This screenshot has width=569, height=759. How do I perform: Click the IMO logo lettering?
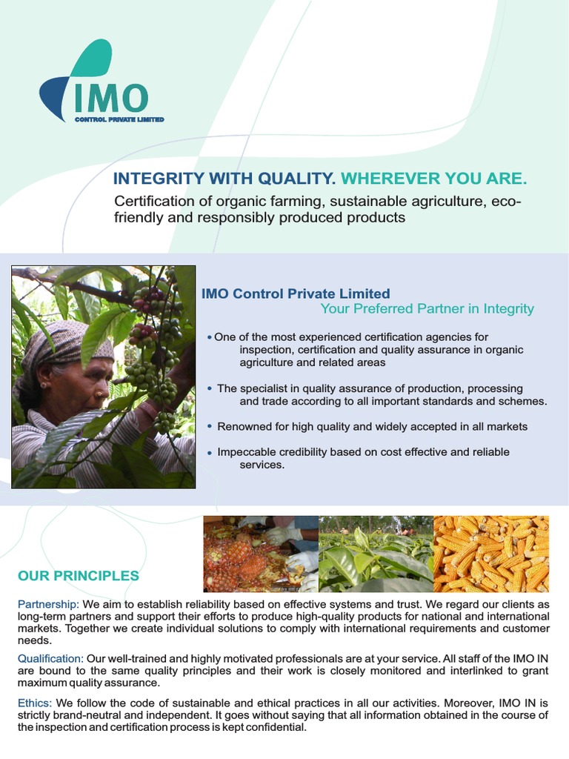111,98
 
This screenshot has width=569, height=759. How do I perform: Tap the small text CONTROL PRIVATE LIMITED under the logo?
119,119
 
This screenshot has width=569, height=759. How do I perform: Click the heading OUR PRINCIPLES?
78,576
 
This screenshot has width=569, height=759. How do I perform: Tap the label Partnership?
48,605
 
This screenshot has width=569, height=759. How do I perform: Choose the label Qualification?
51,658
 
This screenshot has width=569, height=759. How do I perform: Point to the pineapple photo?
260,554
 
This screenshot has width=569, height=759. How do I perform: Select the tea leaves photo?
375,554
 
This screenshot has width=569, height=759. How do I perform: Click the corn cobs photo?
490,554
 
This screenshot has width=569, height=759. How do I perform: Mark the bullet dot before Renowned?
210,427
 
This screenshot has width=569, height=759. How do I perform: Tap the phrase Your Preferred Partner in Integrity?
427,309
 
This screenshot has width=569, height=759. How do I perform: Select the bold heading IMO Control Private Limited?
296,294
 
